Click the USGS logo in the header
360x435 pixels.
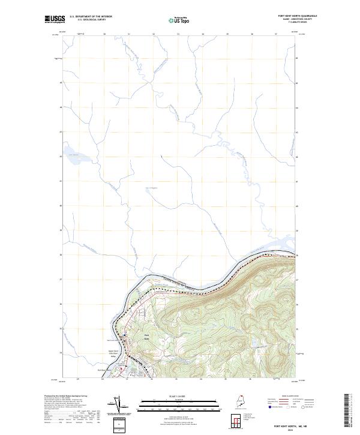[55, 19]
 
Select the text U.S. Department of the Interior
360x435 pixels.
[91, 16]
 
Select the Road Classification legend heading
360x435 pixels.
[280, 397]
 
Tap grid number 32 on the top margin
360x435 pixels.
[154, 34]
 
